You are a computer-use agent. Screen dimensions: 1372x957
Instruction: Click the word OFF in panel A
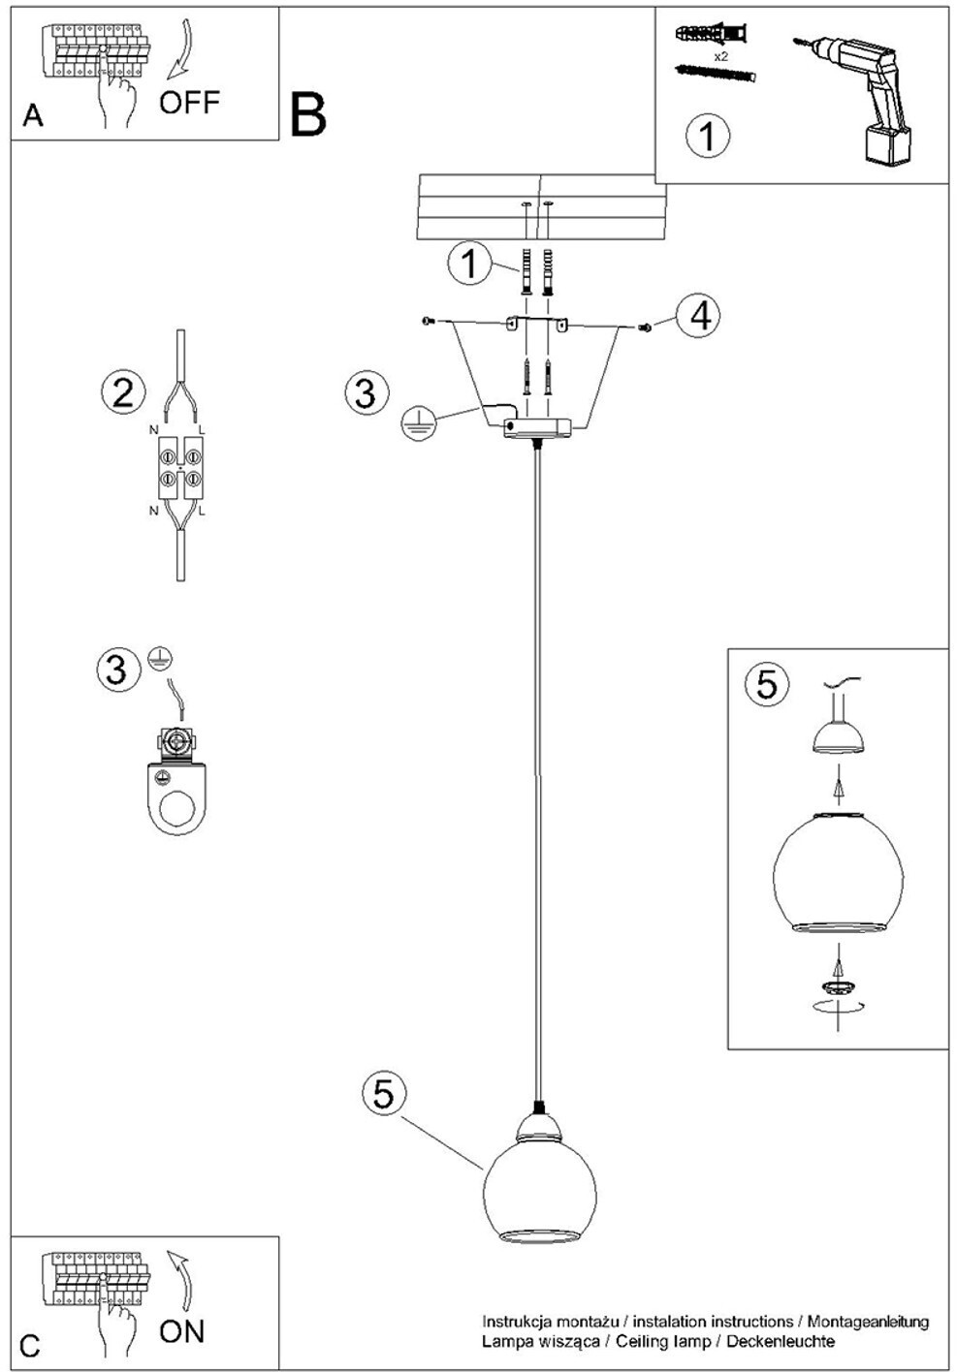189,102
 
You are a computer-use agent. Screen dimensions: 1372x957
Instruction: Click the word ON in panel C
182,1331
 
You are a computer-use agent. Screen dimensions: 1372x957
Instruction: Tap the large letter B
308,116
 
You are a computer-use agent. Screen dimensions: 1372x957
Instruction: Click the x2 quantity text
720,57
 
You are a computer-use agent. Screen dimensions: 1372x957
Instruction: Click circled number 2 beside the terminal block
123,392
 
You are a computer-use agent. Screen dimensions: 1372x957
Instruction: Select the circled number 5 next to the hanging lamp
384,1094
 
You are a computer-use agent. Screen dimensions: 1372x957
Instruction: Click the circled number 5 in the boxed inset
766,684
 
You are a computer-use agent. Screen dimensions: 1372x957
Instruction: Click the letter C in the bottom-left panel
31,1346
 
